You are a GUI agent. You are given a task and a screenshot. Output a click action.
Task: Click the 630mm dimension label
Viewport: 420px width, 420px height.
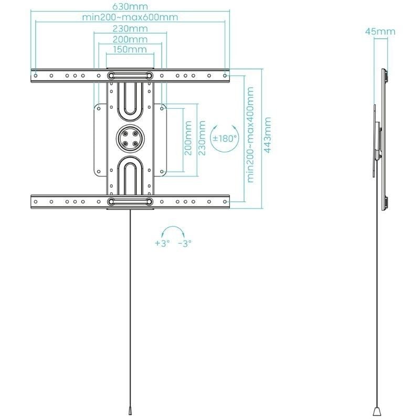tap(130, 7)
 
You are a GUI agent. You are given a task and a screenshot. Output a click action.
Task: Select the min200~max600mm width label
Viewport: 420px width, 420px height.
tap(130, 17)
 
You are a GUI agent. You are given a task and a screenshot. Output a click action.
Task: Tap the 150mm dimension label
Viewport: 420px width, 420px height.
tap(130, 49)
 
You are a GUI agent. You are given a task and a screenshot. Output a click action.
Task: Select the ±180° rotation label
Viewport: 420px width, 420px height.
tap(224, 139)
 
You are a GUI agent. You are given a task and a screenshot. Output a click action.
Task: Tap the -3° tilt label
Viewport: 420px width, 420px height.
tap(185, 244)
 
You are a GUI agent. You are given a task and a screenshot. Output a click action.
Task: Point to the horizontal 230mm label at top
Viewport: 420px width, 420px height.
tap(130, 28)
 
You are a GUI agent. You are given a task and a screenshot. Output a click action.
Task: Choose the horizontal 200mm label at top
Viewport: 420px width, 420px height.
tap(130, 39)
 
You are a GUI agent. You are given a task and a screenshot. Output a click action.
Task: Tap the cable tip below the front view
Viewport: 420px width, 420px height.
tap(130, 410)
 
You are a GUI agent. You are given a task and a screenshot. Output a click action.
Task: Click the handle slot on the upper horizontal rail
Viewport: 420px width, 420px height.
tap(130, 76)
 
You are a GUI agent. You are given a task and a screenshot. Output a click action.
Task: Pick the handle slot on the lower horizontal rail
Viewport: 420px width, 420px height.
tap(130, 202)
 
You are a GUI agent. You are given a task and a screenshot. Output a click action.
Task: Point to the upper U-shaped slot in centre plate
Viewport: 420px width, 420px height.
tap(130, 100)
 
